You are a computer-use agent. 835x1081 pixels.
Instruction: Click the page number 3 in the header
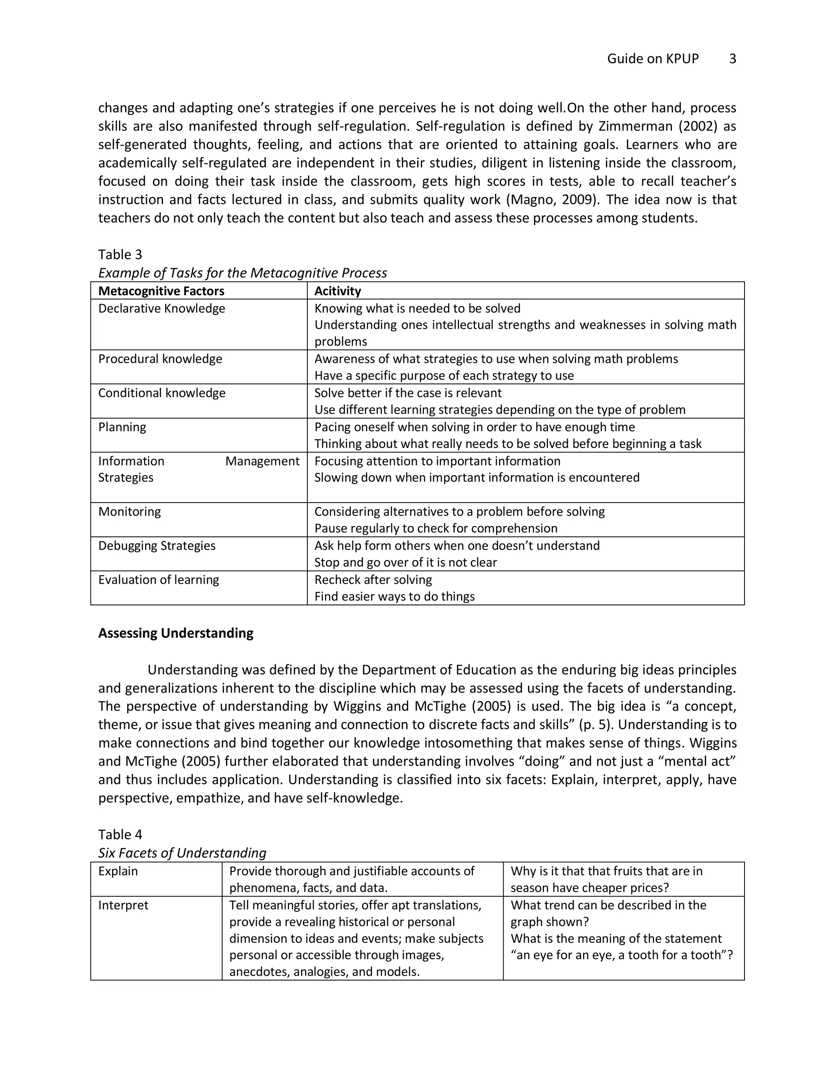pyautogui.click(x=733, y=59)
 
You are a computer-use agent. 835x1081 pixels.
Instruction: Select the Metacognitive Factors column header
pyautogui.click(x=161, y=291)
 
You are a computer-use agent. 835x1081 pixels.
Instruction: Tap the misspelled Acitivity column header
pyautogui.click(x=338, y=291)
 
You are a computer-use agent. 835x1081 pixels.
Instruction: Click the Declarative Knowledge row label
pyautogui.click(x=162, y=308)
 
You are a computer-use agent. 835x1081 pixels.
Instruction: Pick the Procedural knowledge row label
pyautogui.click(x=160, y=359)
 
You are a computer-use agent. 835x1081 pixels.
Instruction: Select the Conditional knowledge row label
pyautogui.click(x=162, y=393)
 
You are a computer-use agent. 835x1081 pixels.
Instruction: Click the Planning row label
pyautogui.click(x=122, y=427)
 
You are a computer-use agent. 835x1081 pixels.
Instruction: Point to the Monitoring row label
pyautogui.click(x=130, y=511)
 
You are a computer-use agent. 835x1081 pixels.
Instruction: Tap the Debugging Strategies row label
pyautogui.click(x=157, y=545)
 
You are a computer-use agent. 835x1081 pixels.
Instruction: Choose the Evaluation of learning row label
pyautogui.click(x=159, y=580)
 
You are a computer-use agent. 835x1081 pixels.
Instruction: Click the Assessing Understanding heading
pyautogui.click(x=176, y=633)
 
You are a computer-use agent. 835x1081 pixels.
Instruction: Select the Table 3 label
pyautogui.click(x=120, y=255)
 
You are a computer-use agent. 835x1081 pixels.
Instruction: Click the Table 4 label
pyautogui.click(x=120, y=835)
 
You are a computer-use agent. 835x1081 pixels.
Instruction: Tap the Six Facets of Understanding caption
pyautogui.click(x=182, y=853)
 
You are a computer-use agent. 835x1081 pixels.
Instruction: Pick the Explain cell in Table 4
pyautogui.click(x=118, y=871)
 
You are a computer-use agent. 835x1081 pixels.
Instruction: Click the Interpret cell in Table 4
pyautogui.click(x=123, y=905)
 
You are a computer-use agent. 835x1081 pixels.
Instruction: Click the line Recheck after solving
pyautogui.click(x=373, y=580)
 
